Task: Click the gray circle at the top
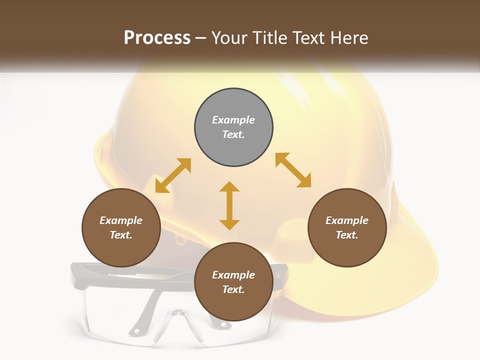233,127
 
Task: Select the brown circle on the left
121,228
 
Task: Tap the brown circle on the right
347,228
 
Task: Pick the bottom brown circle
233,282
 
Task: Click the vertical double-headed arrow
229,205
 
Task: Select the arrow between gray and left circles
173,175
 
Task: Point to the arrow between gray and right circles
293,170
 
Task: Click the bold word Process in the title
157,37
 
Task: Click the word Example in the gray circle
233,120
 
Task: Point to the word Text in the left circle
120,235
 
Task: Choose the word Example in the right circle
347,220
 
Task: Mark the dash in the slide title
201,38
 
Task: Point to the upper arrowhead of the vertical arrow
229,187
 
